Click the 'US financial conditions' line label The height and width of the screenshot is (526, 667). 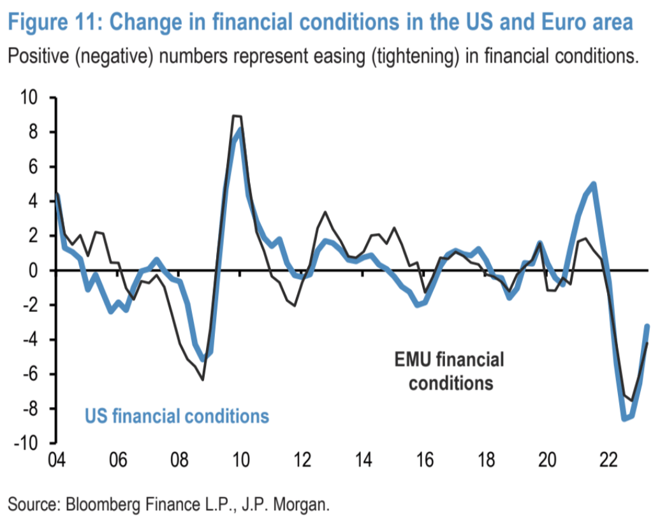[177, 416]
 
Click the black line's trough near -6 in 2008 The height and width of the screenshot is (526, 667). [203, 380]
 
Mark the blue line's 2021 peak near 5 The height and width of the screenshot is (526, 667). [594, 185]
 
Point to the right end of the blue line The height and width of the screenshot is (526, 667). [647, 326]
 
